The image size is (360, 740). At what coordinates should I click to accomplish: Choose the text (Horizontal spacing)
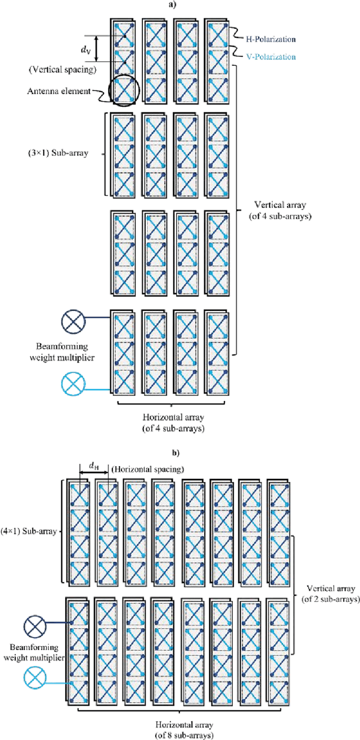[x=148, y=469]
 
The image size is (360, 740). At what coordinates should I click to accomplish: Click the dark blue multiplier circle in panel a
[x=73, y=324]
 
